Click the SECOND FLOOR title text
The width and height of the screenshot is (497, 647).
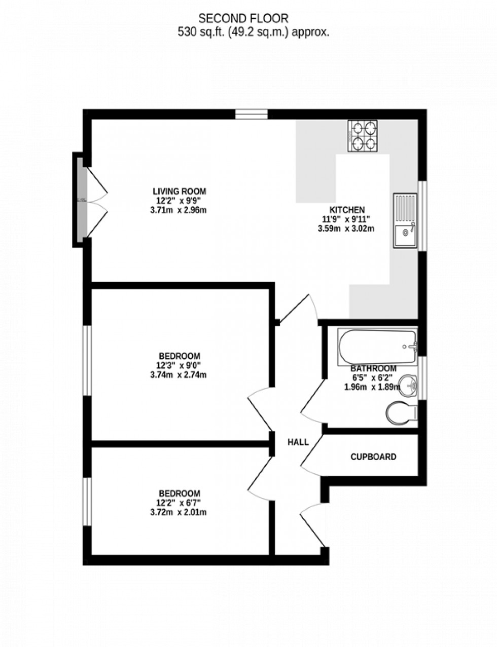(243, 19)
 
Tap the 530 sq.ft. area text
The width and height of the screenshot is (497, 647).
(253, 32)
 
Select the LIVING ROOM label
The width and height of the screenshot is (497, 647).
(180, 191)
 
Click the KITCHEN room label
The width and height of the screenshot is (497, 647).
(347, 210)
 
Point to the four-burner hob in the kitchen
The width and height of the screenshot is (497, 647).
(363, 136)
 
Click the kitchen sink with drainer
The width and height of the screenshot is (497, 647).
(405, 220)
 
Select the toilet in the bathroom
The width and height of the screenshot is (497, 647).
(401, 412)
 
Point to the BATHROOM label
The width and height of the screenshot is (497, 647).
(373, 368)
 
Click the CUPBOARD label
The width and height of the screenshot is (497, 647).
(373, 457)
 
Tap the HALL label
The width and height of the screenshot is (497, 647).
(298, 442)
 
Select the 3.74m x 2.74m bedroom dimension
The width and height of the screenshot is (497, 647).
(179, 375)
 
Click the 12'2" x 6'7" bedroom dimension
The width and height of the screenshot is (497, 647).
(179, 503)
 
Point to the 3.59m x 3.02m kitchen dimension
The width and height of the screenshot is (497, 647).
(345, 228)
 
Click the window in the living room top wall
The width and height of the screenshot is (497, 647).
(251, 115)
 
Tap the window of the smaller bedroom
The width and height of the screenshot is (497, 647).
(87, 502)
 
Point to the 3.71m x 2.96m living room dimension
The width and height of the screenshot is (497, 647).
(179, 210)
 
